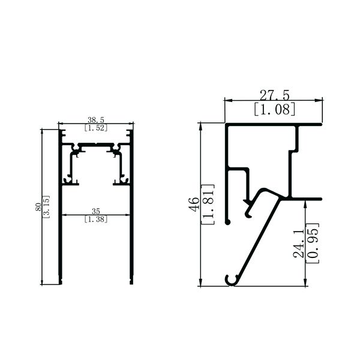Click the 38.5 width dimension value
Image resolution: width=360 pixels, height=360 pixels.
[x=96, y=119]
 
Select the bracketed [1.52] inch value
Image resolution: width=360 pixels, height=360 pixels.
[x=96, y=128]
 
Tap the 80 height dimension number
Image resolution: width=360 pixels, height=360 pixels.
[x=38, y=207]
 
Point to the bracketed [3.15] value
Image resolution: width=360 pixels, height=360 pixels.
[x=46, y=206]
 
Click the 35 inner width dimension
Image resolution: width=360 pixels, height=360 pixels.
[x=96, y=211]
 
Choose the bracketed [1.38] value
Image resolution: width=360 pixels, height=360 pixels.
[x=96, y=219]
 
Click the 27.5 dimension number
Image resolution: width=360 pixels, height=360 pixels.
[x=275, y=95]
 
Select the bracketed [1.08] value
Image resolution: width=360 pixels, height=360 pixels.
[x=275, y=109]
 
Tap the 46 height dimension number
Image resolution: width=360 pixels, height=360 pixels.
[x=194, y=204]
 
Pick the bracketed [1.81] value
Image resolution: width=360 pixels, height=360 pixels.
[x=208, y=205]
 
